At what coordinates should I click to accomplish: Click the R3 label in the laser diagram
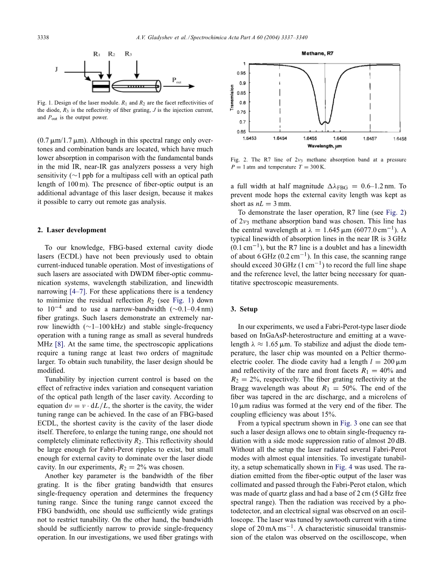128,54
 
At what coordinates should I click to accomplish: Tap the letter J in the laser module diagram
56,69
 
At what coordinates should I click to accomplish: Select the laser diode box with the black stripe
100,86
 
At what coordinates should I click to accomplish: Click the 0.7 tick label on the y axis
241,122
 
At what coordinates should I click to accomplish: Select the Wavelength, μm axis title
324,146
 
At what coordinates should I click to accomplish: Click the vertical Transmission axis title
232,98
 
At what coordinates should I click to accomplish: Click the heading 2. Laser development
71,230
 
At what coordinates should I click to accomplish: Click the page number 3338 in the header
43,37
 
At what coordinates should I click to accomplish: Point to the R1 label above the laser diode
97,54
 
